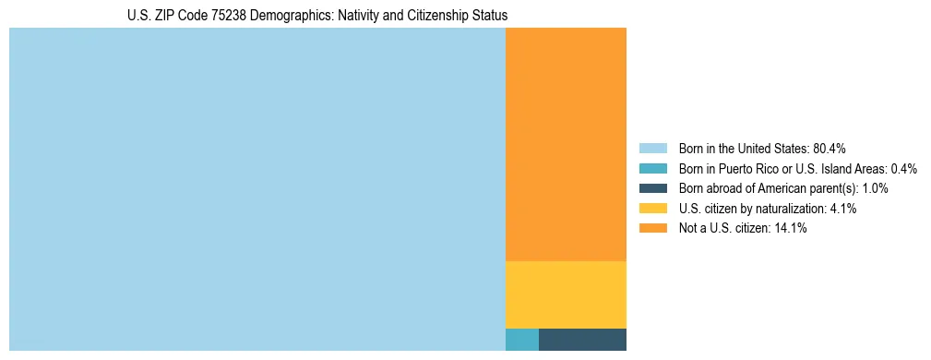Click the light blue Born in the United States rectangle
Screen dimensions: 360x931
pyautogui.click(x=257, y=189)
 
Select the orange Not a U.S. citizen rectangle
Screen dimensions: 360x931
pyautogui.click(x=566, y=144)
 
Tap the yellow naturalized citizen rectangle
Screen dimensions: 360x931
pyautogui.click(x=566, y=294)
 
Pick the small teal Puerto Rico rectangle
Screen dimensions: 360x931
pyautogui.click(x=521, y=339)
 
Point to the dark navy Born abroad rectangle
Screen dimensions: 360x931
pyautogui.click(x=582, y=339)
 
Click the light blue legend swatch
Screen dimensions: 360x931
pyautogui.click(x=652, y=148)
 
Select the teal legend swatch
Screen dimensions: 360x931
pyautogui.click(x=652, y=168)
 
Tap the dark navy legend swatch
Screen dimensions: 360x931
pyautogui.click(x=652, y=188)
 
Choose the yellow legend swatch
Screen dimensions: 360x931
pyautogui.click(x=652, y=209)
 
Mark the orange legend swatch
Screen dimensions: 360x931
pyautogui.click(x=652, y=228)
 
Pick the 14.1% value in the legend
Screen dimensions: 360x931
pyautogui.click(x=791, y=229)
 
